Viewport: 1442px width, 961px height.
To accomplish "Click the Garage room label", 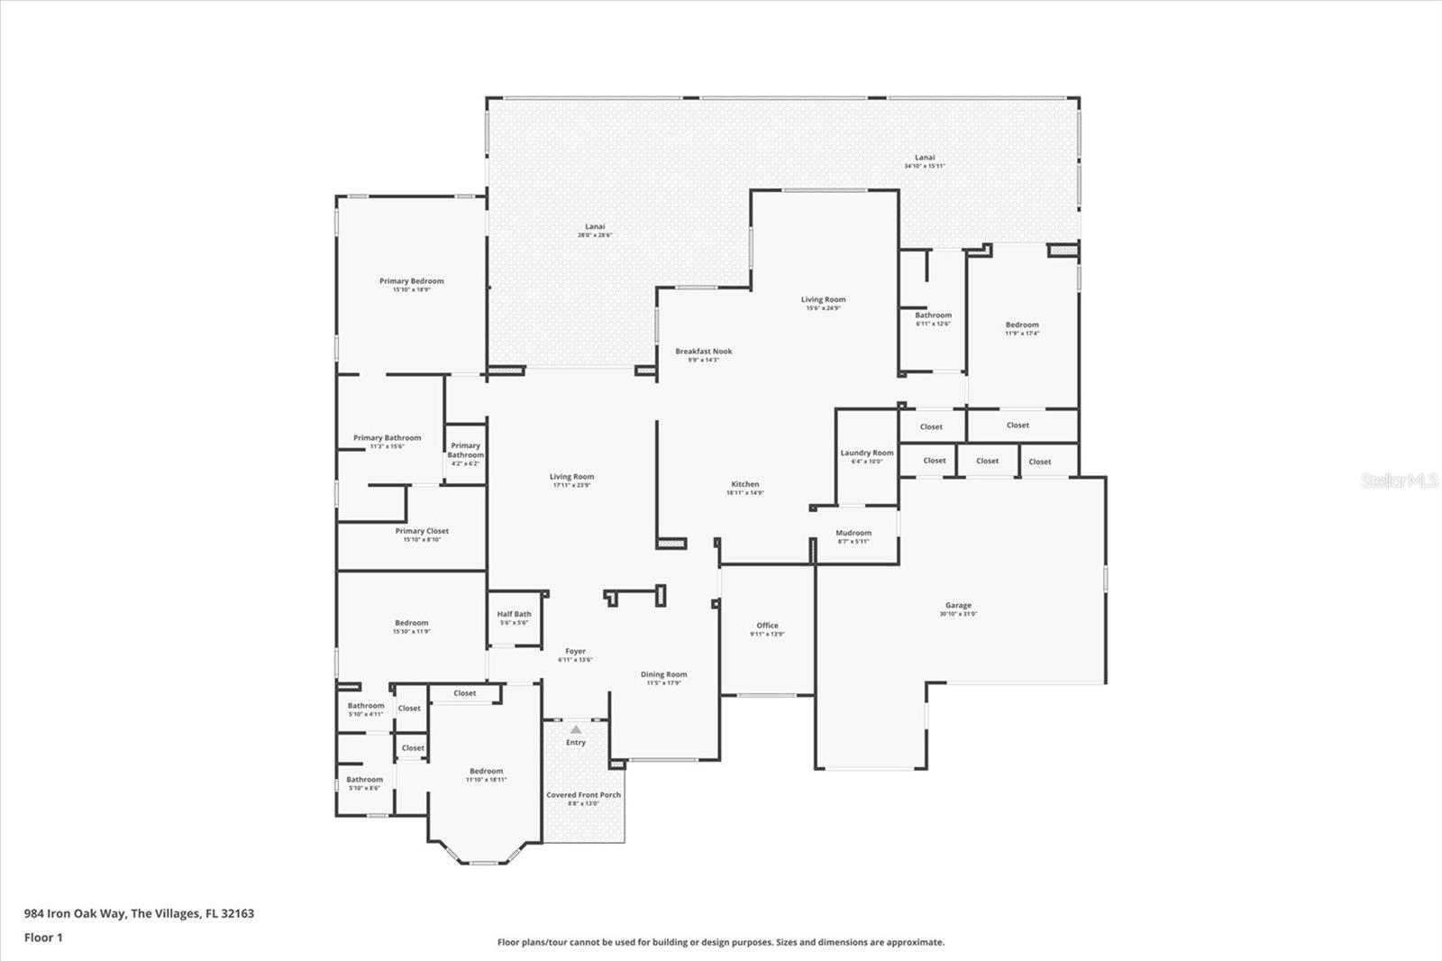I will tap(958, 606).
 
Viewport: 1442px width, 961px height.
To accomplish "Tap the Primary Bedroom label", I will tap(411, 281).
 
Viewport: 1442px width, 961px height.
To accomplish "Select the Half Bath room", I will tap(514, 618).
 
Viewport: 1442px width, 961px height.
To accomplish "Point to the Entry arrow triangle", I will tap(576, 729).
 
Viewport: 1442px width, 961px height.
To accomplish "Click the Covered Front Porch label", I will tap(583, 795).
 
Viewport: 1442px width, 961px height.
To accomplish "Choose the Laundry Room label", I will tap(867, 453).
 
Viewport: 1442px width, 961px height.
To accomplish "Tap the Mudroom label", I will tap(853, 533).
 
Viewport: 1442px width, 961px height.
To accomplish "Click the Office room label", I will tap(767, 626).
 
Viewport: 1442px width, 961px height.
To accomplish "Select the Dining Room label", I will tap(663, 674).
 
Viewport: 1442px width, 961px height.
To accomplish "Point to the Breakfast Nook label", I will tap(704, 352).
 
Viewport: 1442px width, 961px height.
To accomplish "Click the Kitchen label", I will tap(744, 485).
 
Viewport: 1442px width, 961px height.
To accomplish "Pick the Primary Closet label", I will tap(422, 531).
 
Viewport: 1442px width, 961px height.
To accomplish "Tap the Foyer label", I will tap(575, 651).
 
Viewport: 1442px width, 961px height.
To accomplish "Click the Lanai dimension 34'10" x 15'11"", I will tap(925, 166).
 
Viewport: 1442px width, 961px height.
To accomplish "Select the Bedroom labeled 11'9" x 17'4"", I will tap(1022, 328).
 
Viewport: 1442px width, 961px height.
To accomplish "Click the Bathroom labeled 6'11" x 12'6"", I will tap(933, 319).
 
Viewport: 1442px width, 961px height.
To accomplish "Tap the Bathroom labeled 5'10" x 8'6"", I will tap(364, 783).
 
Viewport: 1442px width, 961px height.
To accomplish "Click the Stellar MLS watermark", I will tap(1400, 481).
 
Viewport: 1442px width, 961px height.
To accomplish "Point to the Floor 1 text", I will tap(43, 938).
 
